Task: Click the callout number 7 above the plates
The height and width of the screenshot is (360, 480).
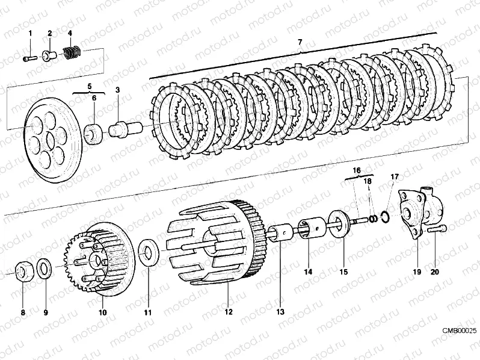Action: tap(300, 42)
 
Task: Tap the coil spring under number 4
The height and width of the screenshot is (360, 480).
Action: tap(72, 54)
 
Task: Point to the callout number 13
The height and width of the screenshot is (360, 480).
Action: tap(280, 312)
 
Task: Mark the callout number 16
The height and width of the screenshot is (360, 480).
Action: tap(356, 170)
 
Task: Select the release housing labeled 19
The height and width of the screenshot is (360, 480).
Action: tap(419, 214)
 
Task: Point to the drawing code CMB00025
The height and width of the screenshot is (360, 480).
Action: tap(460, 331)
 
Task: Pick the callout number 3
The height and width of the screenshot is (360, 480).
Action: tap(118, 89)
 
